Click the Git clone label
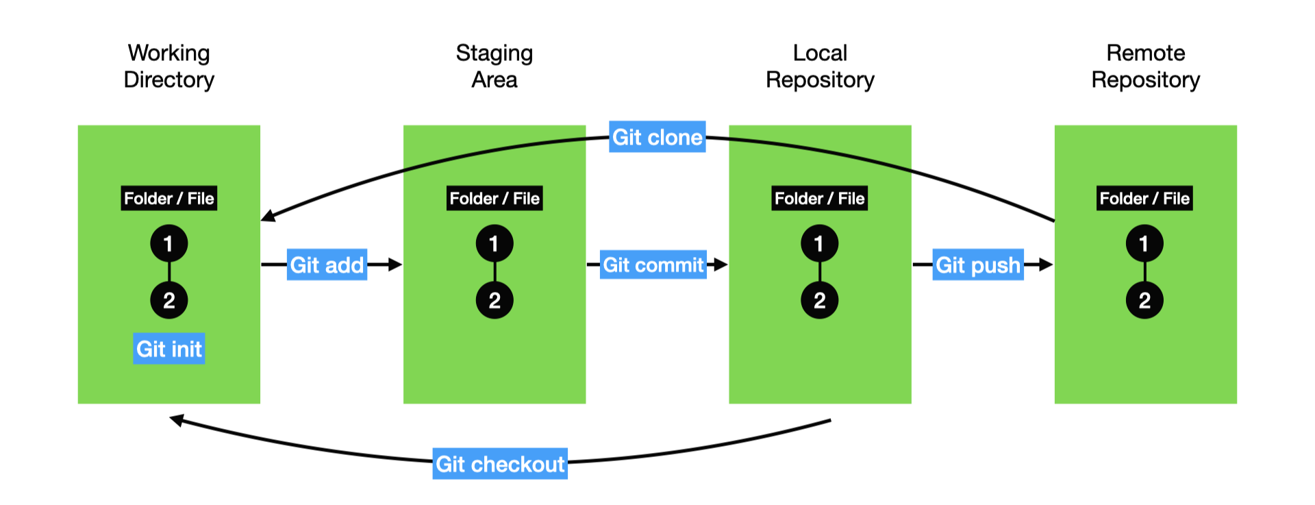[x=657, y=137]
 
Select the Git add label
[x=327, y=264]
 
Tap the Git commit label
[x=653, y=264]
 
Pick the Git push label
[x=977, y=264]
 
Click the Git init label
[x=168, y=349]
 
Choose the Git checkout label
[x=500, y=464]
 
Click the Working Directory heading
[x=168, y=66]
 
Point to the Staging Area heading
[x=494, y=66]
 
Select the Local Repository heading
[x=820, y=66]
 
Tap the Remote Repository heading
[x=1145, y=66]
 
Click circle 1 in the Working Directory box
[x=168, y=243]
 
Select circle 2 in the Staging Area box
[x=494, y=300]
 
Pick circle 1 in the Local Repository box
[x=819, y=243]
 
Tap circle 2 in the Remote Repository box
[x=1144, y=300]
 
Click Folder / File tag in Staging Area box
[x=494, y=199]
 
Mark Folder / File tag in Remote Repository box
[x=1144, y=199]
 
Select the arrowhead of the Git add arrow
[x=394, y=264]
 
